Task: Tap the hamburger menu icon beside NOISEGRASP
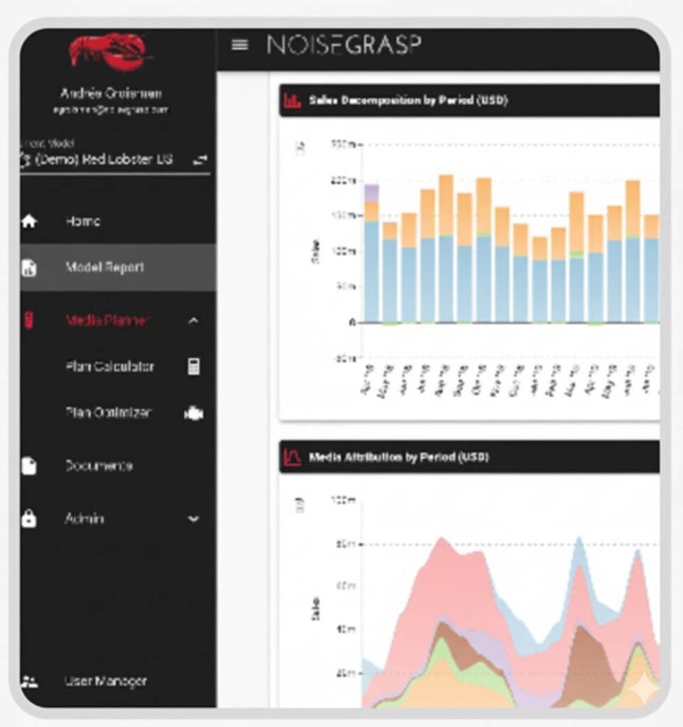click(x=240, y=45)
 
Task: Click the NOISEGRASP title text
click(x=344, y=45)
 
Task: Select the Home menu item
click(x=83, y=222)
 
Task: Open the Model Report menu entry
click(x=104, y=268)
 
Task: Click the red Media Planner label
click(x=107, y=321)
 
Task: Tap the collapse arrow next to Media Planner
click(x=193, y=322)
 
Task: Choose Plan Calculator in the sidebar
click(x=109, y=367)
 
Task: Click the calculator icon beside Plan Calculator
click(x=193, y=367)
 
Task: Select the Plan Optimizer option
click(x=108, y=412)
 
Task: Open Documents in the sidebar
click(x=99, y=466)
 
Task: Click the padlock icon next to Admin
click(x=29, y=519)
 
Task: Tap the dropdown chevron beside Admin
click(x=193, y=519)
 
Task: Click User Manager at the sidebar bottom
click(x=106, y=682)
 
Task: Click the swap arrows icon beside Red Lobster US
click(x=200, y=160)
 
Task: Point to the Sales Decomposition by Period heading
click(x=408, y=101)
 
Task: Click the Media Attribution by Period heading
click(x=398, y=458)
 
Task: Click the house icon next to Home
click(x=29, y=222)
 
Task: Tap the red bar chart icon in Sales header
click(x=292, y=101)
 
